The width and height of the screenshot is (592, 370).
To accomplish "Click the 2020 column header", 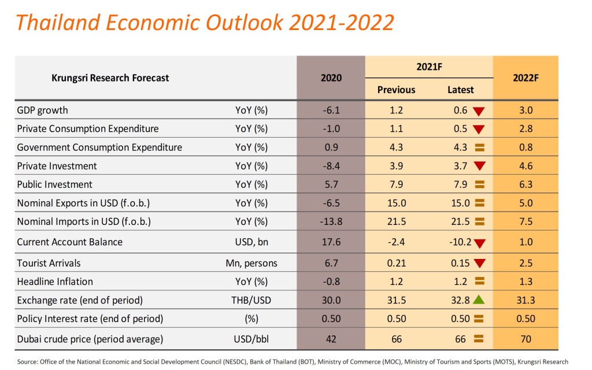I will tap(331, 78).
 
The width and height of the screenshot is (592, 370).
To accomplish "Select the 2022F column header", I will tap(526, 78).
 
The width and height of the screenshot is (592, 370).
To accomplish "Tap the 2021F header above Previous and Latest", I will tap(429, 66).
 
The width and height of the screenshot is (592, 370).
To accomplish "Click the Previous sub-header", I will tap(396, 90).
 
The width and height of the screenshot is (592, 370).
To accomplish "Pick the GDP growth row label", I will tap(43, 110).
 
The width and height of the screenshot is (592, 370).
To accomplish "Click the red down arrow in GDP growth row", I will tap(478, 110).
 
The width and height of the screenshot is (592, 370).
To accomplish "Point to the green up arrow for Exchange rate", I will tap(478, 300).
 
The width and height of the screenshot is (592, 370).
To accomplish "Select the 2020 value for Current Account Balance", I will tap(331, 242).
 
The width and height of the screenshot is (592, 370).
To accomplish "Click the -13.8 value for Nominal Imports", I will tap(331, 221).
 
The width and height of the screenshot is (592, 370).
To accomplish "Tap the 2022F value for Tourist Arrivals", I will tap(526, 263).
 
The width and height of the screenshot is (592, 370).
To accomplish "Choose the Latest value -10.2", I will tap(457, 242).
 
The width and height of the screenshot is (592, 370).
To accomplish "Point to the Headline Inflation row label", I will tap(55, 282).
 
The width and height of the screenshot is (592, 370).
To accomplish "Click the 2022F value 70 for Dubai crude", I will tap(526, 339).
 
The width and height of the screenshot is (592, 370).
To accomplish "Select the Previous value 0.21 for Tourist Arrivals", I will tap(396, 263).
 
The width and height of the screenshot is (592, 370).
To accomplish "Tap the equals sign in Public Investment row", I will tap(479, 185).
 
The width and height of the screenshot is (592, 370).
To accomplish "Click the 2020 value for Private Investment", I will tap(331, 166).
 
